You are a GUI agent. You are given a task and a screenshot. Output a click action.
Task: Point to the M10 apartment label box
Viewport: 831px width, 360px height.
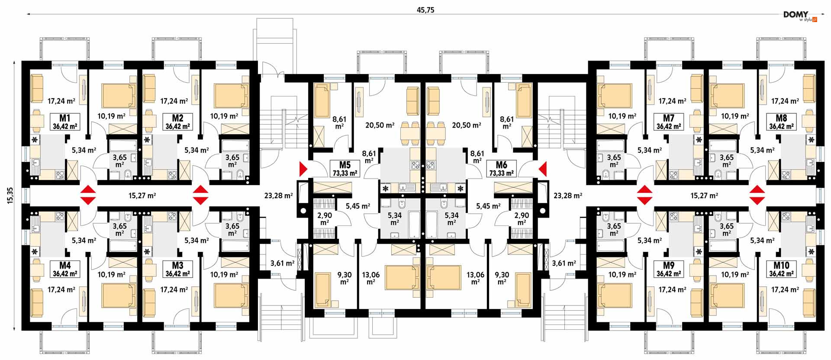click(x=781, y=269)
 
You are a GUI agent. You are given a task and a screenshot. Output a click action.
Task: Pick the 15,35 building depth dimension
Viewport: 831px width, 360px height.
click(x=11, y=196)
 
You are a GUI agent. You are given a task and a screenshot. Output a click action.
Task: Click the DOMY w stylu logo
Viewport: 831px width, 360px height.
click(x=800, y=16)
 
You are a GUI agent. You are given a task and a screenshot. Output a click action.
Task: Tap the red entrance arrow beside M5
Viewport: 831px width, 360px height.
click(x=303, y=169)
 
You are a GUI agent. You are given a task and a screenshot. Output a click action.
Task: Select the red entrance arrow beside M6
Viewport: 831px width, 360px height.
click(x=542, y=169)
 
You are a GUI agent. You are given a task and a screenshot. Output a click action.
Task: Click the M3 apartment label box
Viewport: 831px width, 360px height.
click(x=177, y=269)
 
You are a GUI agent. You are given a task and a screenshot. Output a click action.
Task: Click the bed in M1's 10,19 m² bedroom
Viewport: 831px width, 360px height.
click(x=119, y=96)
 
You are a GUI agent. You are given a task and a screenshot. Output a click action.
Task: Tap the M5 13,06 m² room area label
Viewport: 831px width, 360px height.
click(x=371, y=278)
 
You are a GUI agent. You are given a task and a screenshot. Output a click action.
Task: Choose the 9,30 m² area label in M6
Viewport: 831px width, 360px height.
click(x=502, y=278)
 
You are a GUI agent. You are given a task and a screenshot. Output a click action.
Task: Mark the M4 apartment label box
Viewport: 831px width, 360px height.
click(x=65, y=269)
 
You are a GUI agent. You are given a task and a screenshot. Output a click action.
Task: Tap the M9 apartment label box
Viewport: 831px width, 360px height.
click(x=669, y=269)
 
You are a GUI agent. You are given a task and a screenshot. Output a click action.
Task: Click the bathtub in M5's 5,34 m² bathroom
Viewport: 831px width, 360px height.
click(x=414, y=225)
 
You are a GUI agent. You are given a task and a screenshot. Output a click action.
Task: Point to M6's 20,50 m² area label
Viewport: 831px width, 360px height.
click(x=467, y=125)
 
